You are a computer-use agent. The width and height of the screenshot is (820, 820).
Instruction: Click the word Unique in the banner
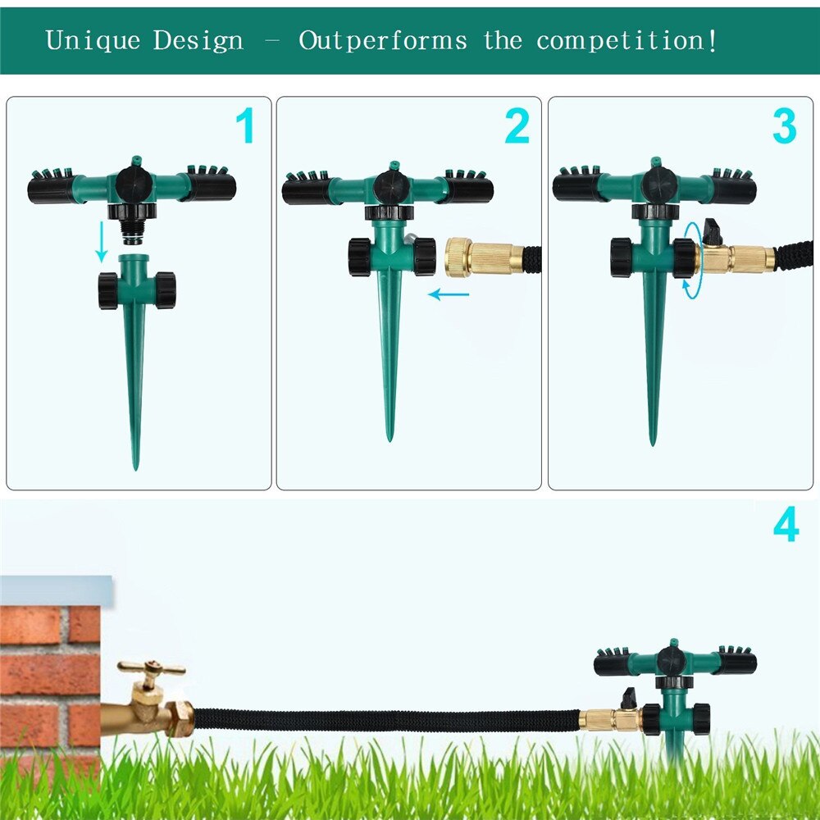pos(92,40)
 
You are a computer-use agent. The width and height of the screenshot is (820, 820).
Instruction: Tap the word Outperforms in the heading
pos(382,40)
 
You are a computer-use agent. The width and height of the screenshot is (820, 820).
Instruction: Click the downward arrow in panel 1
pos(101,243)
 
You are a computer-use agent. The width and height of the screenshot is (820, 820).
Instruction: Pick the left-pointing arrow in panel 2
pos(449,294)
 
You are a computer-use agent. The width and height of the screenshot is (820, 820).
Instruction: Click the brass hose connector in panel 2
pos(485,256)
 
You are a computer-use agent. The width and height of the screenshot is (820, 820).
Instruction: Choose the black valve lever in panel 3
pos(713,233)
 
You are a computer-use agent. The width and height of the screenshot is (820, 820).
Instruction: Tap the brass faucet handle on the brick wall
pos(150,669)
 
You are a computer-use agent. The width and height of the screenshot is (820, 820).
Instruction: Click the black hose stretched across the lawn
pos(385,720)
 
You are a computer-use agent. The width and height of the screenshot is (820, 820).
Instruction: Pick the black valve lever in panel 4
pos(629,698)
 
